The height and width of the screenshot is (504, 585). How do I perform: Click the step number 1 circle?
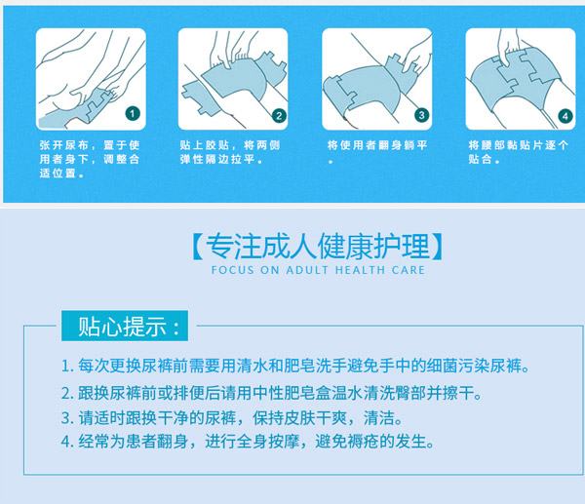click(x=134, y=114)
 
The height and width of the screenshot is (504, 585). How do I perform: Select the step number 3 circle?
click(x=422, y=114)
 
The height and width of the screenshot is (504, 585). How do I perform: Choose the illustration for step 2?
click(x=233, y=78)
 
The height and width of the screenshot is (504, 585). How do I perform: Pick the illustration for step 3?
click(x=376, y=78)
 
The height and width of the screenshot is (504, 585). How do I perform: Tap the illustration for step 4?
click(x=520, y=78)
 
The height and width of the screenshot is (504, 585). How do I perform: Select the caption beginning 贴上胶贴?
click(x=231, y=151)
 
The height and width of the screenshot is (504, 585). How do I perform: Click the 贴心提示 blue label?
click(x=121, y=325)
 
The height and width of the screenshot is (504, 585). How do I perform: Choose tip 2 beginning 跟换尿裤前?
click(x=271, y=394)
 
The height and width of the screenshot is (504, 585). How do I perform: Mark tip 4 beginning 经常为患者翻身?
click(x=246, y=443)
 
